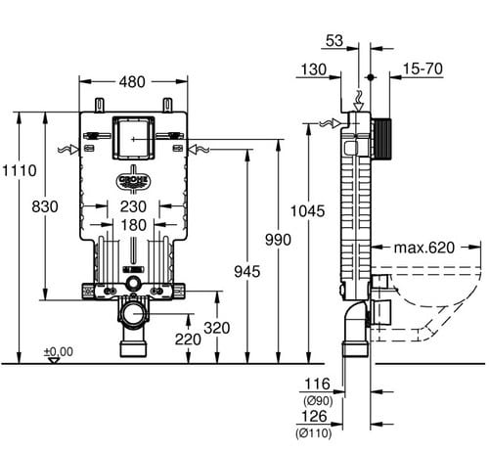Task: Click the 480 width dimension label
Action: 132,82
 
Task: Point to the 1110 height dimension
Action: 20,170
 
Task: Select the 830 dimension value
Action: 45,206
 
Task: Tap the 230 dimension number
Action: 133,206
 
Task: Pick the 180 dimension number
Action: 133,225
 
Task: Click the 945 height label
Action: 247,271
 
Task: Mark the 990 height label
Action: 278,240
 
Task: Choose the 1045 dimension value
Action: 308,211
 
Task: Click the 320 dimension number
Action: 217,328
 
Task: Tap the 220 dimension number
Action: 188,340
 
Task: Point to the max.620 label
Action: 424,248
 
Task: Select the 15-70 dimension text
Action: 422,68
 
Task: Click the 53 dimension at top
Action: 334,41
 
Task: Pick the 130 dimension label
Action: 313,69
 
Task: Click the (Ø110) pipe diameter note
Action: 314,433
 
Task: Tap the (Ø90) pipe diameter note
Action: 318,400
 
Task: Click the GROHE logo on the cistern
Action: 133,180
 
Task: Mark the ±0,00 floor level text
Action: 59,351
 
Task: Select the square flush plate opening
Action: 133,138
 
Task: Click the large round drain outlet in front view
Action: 133,314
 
